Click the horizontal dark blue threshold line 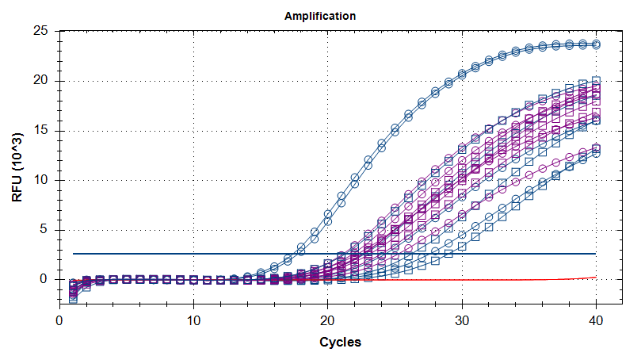(238, 254)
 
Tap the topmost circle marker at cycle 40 (596, 44)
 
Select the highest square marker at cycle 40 (596, 80)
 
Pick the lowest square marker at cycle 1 (73, 299)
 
